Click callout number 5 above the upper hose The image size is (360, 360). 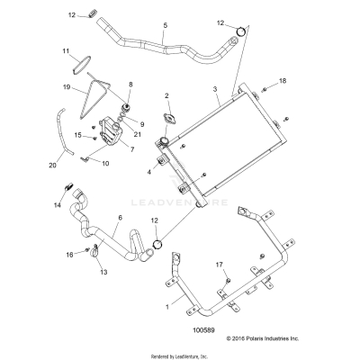pyautogui.click(x=164, y=26)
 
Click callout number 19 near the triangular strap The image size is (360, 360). pyautogui.click(x=66, y=87)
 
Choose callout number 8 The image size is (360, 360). pyautogui.click(x=130, y=84)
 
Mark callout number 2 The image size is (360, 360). pyautogui.click(x=166, y=94)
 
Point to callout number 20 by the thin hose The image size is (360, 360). pyautogui.click(x=51, y=166)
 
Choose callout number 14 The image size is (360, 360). pyautogui.click(x=58, y=206)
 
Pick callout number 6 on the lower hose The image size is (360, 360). pyautogui.click(x=120, y=218)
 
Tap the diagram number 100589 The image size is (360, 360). pyautogui.click(x=180, y=329)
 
